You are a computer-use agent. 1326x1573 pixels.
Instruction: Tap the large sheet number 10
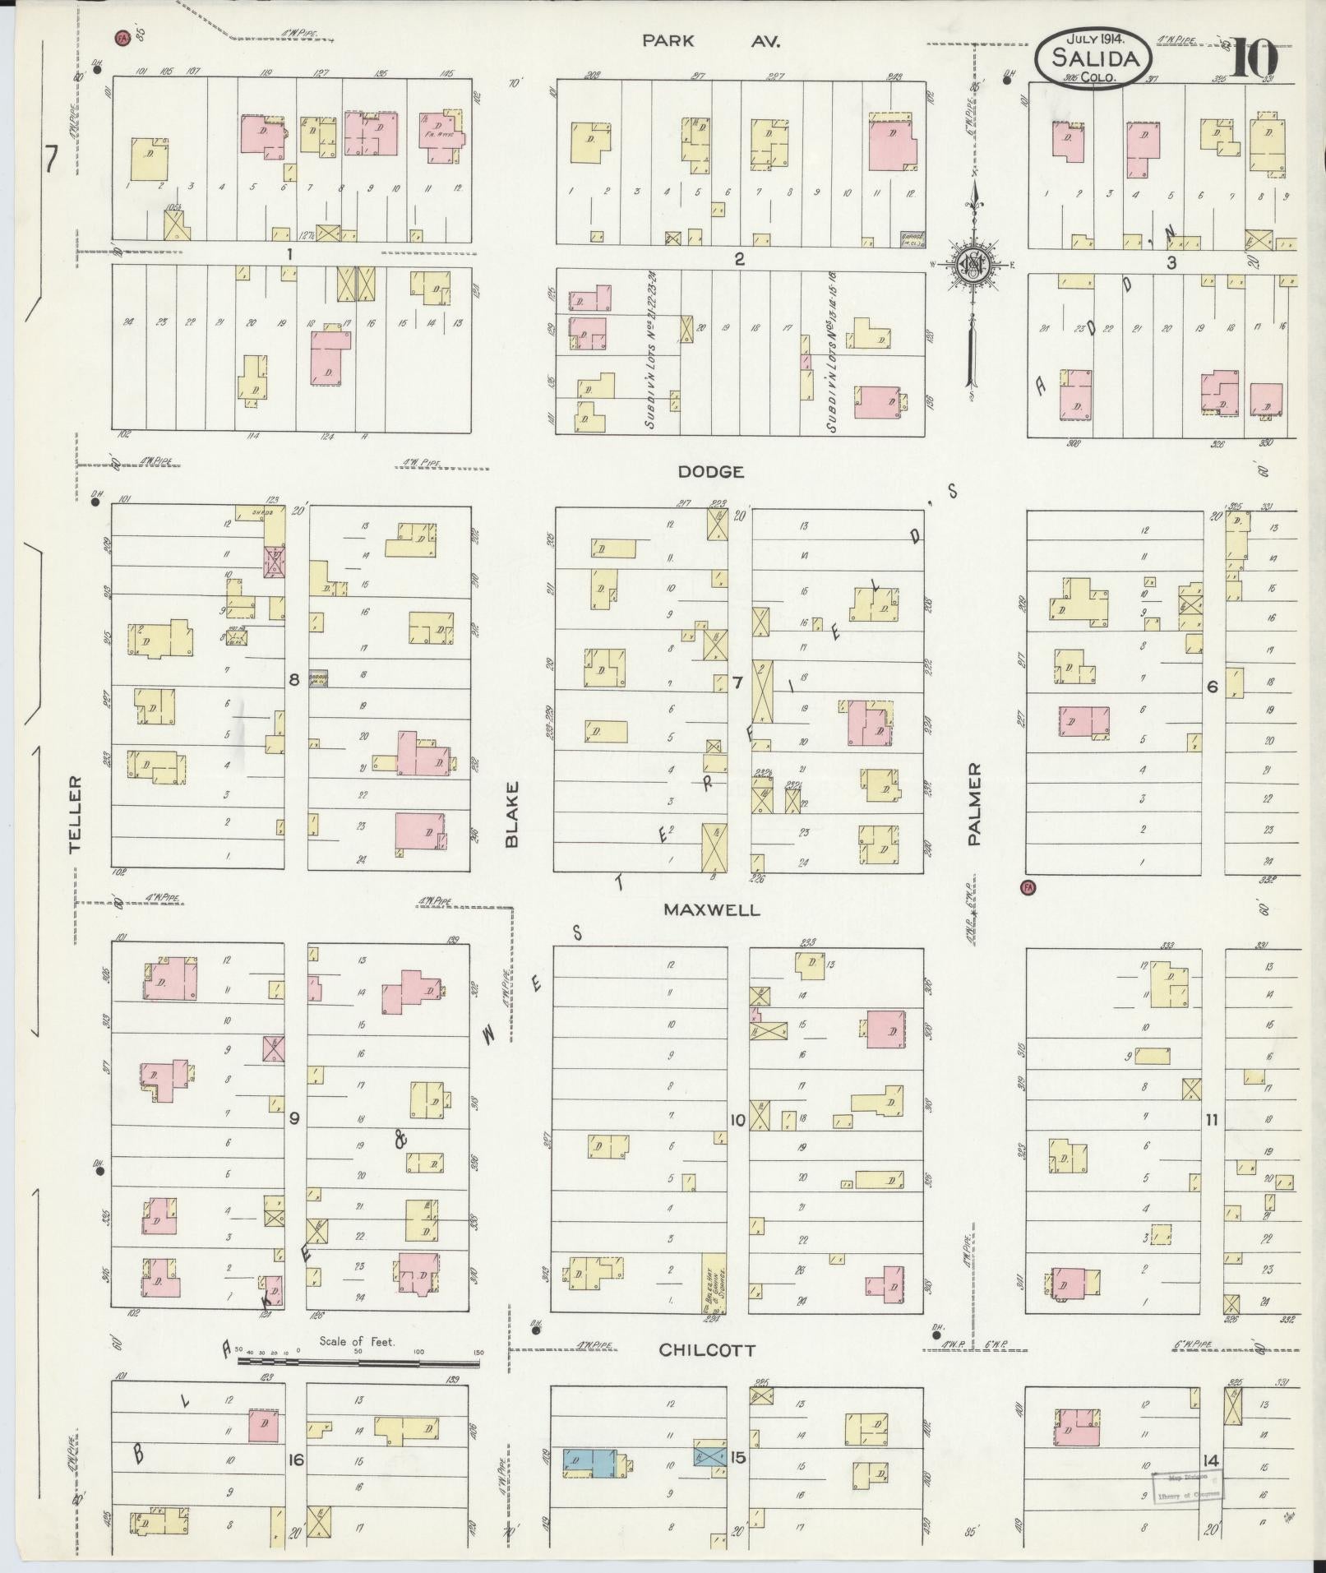click(1254, 58)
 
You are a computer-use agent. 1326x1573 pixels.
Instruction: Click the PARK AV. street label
click(712, 40)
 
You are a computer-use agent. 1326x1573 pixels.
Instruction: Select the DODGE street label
click(711, 472)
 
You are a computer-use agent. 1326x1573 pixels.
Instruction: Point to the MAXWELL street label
click(712, 910)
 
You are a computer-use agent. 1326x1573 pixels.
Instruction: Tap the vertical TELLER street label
click(77, 813)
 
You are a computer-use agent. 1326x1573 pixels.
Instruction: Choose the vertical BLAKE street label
click(513, 813)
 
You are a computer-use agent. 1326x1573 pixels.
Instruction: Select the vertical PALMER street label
click(975, 803)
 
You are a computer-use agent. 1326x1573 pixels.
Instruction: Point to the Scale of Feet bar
click(358, 1362)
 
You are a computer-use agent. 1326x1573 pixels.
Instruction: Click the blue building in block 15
click(589, 1460)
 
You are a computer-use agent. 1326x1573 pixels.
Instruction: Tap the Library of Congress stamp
click(1187, 1486)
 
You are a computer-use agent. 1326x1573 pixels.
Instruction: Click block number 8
click(293, 679)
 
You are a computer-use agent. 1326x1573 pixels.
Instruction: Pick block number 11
click(1211, 1119)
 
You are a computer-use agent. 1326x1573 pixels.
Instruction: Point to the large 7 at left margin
click(52, 159)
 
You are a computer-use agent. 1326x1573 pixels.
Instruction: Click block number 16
click(296, 1460)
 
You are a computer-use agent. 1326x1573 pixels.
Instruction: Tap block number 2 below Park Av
click(739, 259)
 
